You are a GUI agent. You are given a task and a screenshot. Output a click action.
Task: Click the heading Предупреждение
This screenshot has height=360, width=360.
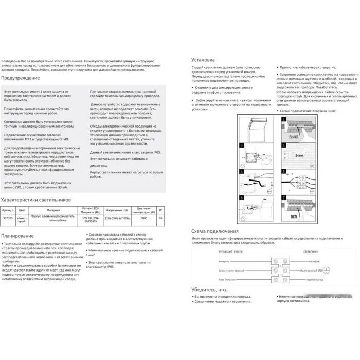21,78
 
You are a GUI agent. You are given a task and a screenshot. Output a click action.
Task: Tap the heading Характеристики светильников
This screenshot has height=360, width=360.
36,199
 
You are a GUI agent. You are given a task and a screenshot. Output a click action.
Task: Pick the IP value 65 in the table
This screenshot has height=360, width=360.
161,218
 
